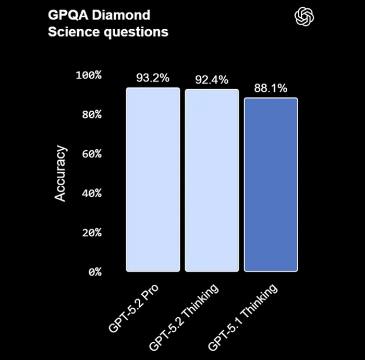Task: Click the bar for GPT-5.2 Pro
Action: [153, 180]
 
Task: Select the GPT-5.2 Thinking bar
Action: [212, 181]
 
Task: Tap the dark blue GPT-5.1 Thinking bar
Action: [271, 185]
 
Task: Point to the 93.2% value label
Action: [153, 78]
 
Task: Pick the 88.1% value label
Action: [271, 88]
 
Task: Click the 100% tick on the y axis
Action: [89, 76]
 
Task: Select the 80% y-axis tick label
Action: [91, 115]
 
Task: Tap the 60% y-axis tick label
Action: [91, 154]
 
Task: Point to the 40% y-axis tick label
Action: [91, 194]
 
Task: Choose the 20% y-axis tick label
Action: [91, 233]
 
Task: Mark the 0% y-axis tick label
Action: [94, 272]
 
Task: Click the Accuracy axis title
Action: [61, 174]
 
